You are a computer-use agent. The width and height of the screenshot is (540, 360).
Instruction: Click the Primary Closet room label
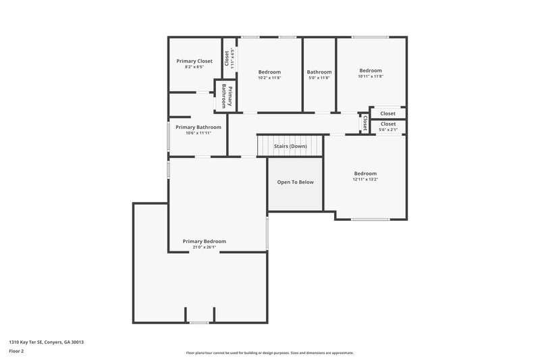coord(194,61)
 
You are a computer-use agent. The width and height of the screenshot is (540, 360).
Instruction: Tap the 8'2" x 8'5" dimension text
coord(194,67)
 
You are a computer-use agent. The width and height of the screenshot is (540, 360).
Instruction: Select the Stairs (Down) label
coord(290,146)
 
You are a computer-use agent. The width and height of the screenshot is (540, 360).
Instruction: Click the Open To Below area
coord(296,182)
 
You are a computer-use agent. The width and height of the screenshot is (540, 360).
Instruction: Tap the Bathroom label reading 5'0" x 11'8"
coord(319,77)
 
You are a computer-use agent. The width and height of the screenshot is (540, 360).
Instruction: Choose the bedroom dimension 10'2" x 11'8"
coord(269,78)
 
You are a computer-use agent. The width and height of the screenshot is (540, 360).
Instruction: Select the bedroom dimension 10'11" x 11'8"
coord(371,76)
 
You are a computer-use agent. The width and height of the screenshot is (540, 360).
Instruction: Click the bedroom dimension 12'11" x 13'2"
coord(365,180)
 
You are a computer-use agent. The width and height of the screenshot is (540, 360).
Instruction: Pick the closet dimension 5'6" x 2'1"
coord(388,130)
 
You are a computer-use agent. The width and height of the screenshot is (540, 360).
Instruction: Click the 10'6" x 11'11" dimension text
coord(198,133)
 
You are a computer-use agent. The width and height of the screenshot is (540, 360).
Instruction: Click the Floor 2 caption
coord(16,351)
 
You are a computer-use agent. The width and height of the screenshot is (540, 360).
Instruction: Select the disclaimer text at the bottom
coord(269,353)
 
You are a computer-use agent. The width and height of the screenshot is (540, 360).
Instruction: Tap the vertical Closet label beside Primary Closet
coord(227,57)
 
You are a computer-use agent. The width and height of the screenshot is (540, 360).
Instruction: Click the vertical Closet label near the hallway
coord(365,123)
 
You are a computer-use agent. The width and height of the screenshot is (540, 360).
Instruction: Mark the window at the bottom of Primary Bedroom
coord(199,323)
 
